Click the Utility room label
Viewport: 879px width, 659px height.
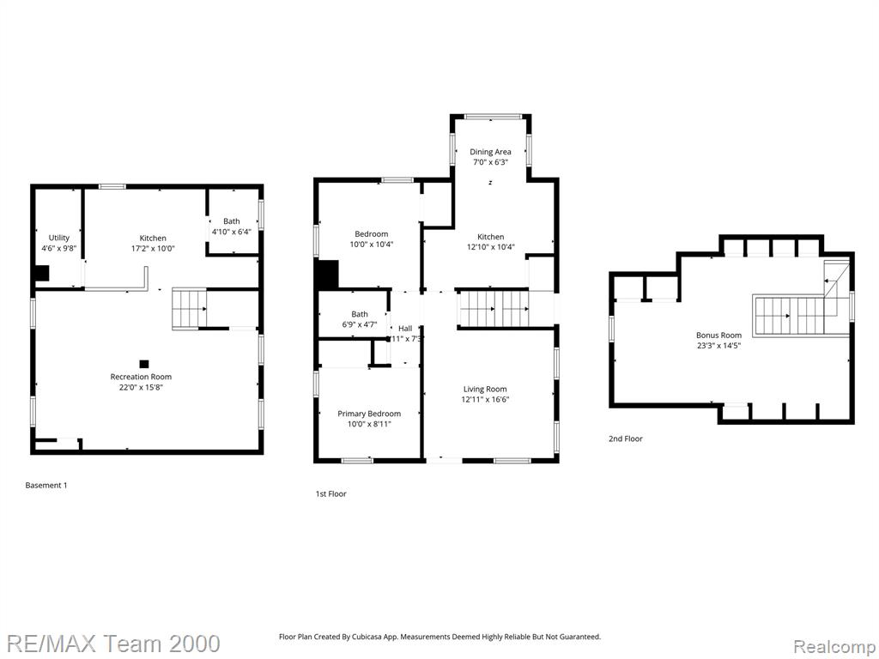[59, 238]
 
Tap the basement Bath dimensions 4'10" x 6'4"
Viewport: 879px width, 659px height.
[231, 232]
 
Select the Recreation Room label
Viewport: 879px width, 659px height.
[141, 377]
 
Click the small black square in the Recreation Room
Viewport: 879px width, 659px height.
[144, 364]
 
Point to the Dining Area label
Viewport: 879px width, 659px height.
[490, 152]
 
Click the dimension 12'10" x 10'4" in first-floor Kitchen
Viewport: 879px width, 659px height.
[490, 246]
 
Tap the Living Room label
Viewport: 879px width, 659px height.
[485, 389]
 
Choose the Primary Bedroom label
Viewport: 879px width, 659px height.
[369, 414]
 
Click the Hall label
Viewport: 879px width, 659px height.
[405, 329]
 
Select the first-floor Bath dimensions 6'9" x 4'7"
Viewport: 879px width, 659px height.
[360, 324]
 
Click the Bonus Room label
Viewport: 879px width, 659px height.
[718, 336]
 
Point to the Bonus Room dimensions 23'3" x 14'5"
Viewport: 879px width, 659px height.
[718, 346]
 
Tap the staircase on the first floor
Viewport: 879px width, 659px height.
[494, 308]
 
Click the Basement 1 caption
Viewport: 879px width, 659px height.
[46, 486]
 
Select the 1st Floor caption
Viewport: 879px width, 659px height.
[330, 493]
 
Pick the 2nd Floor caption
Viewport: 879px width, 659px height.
[626, 438]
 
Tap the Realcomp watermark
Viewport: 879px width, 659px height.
[834, 647]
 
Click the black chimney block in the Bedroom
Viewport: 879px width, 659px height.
[328, 275]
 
